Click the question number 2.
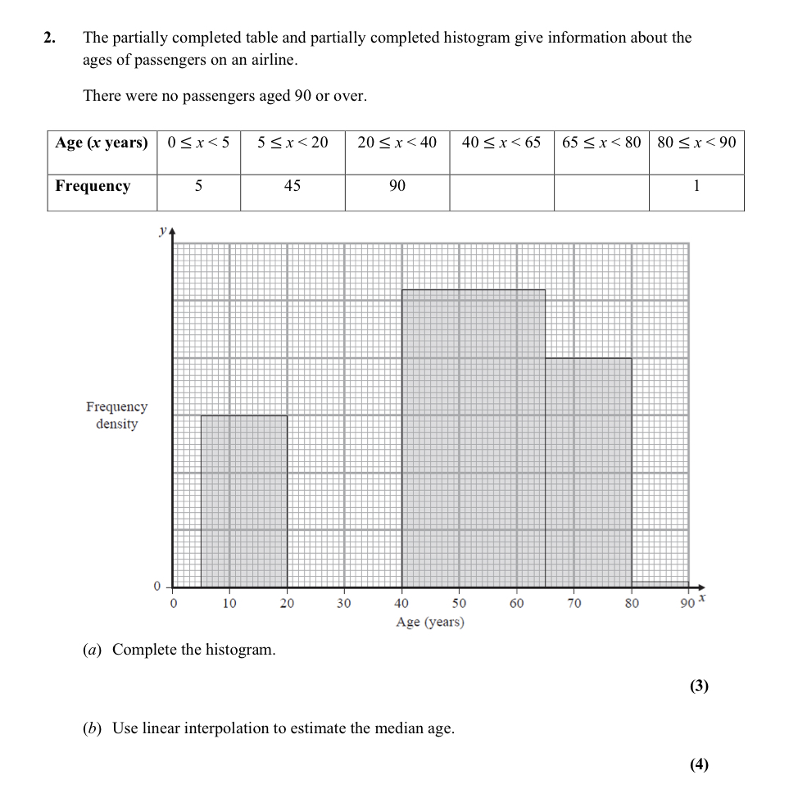(x=50, y=38)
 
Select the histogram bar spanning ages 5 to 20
(x=244, y=501)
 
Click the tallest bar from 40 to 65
(x=473, y=438)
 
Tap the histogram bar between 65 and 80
(x=588, y=472)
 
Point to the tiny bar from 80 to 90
(x=660, y=584)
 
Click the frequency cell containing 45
(x=292, y=186)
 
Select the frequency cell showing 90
(x=397, y=186)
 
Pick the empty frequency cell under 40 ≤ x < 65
(x=501, y=193)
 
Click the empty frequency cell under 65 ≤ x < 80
(x=601, y=193)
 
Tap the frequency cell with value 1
(x=696, y=186)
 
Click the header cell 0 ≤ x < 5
(x=198, y=143)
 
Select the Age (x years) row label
(x=102, y=143)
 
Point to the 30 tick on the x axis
(x=343, y=604)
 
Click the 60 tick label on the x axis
(x=516, y=604)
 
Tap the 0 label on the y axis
(x=157, y=587)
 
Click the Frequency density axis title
(x=116, y=415)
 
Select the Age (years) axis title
(x=429, y=622)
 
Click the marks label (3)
(x=698, y=686)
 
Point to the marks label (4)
(x=698, y=764)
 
